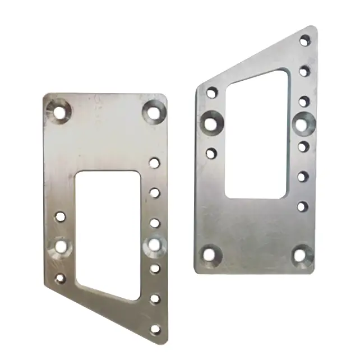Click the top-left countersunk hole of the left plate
[59, 111]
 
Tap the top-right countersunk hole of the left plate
[154, 110]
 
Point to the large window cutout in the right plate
[256, 137]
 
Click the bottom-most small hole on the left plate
[155, 329]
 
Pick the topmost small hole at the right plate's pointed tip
[305, 40]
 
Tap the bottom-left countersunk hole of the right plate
[209, 255]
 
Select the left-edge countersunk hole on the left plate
[61, 247]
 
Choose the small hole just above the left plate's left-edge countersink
[61, 215]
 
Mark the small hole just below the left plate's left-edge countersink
[60, 278]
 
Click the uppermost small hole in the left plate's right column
[155, 163]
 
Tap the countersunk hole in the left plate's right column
[154, 244]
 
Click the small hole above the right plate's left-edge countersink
[211, 93]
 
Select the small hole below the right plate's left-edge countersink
[211, 153]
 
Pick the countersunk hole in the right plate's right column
[304, 122]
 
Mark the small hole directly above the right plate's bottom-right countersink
[303, 206]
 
